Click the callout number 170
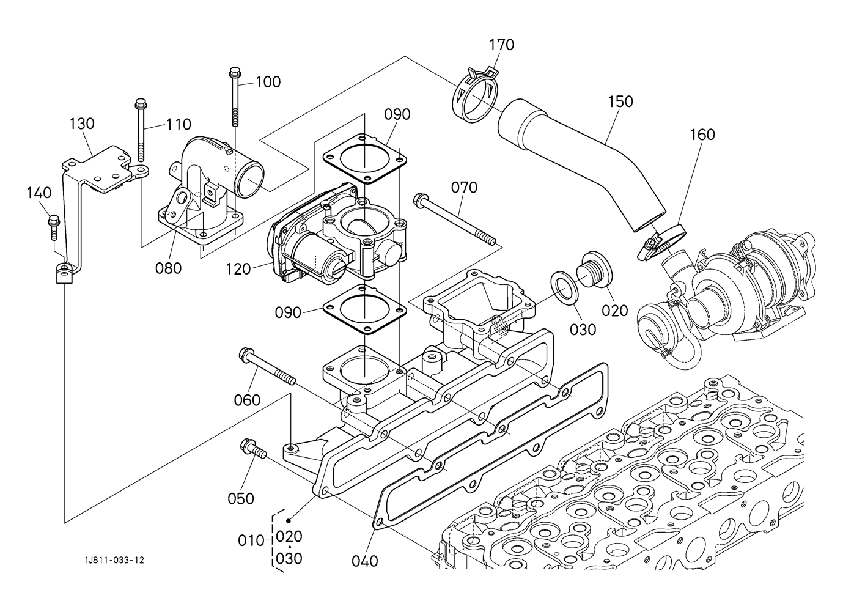(x=501, y=45)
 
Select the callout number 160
(x=702, y=135)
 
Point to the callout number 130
(x=81, y=124)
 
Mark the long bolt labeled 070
(x=455, y=220)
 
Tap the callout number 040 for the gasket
(x=365, y=560)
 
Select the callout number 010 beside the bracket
(x=251, y=540)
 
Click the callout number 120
(x=238, y=268)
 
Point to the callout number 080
(x=169, y=268)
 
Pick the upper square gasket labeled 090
(x=366, y=159)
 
